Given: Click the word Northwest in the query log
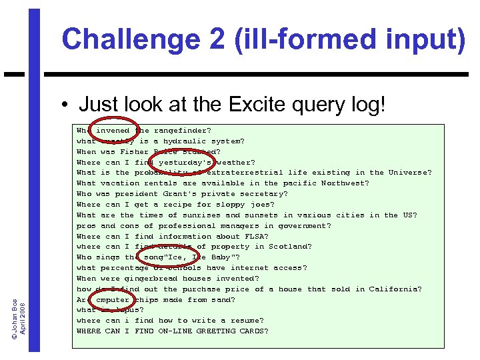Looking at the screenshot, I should tap(345, 183).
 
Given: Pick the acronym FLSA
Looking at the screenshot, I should tap(257, 236).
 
